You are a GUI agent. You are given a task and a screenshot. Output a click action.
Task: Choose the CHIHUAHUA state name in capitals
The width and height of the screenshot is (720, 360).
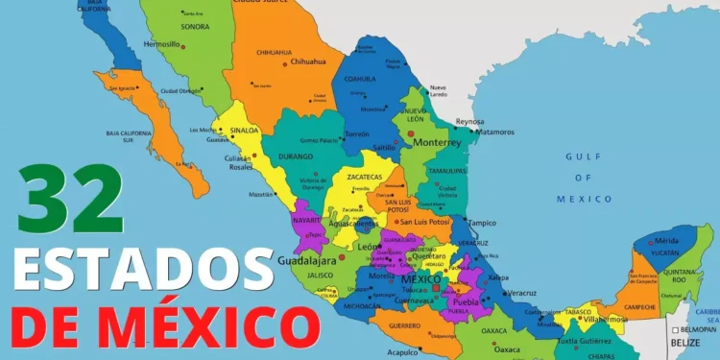pyautogui.click(x=275, y=52)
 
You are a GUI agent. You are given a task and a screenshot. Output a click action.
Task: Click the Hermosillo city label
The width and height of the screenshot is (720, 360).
pyautogui.click(x=161, y=44)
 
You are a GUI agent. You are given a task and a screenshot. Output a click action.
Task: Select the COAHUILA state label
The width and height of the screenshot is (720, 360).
pyautogui.click(x=359, y=79)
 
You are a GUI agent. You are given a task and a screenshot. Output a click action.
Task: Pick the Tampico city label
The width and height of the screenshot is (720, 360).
pyautogui.click(x=481, y=223)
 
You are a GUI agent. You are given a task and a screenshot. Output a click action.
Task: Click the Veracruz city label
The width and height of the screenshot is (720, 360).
pyautogui.click(x=521, y=292)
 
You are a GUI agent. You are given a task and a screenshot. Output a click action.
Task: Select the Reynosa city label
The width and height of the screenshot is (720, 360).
pyautogui.click(x=468, y=122)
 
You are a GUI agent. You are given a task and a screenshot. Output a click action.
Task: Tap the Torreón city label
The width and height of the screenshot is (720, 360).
pyautogui.click(x=357, y=133)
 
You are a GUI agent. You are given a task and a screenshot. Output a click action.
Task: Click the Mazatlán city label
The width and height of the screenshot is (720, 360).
pyautogui.click(x=261, y=195)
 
